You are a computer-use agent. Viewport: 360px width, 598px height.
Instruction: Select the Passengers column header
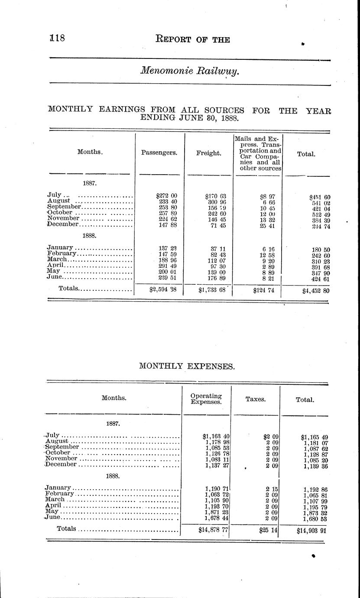[159, 153]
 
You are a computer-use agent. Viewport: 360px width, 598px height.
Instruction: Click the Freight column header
[209, 153]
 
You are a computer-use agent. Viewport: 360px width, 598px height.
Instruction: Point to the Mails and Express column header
[258, 153]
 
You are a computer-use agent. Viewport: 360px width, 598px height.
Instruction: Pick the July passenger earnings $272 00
[167, 196]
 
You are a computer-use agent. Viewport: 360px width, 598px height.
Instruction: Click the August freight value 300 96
[216, 201]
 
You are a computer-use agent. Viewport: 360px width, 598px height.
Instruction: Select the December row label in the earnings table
[63, 224]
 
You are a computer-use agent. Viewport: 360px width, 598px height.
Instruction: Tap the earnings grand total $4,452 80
[317, 291]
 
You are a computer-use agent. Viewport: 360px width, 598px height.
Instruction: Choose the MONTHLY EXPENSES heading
[187, 367]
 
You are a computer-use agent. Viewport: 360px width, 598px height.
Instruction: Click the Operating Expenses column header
[206, 399]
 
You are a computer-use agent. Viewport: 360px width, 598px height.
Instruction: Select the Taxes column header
[256, 400]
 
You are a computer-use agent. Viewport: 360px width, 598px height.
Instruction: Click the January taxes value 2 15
[272, 488]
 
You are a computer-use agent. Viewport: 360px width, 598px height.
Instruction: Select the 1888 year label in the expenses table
[113, 476]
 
